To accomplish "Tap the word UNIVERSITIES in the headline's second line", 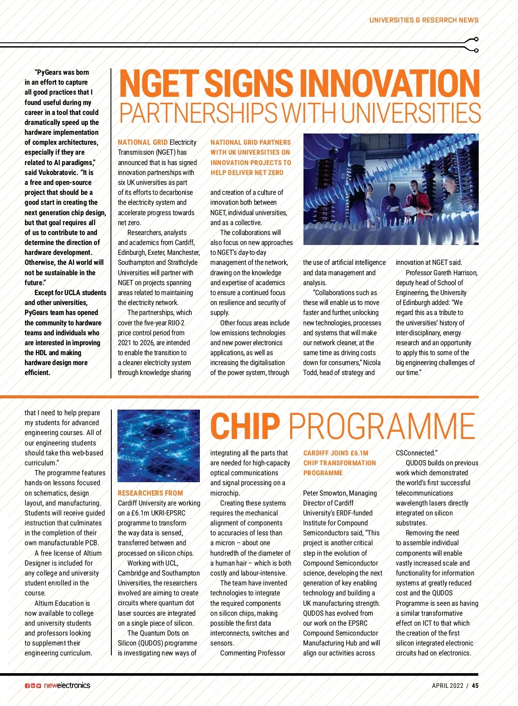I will click(x=412, y=113).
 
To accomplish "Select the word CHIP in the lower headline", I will click(x=245, y=426).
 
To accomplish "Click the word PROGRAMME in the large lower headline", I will click(x=382, y=426).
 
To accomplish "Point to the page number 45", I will click(x=475, y=686).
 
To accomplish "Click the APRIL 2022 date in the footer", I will click(x=447, y=686).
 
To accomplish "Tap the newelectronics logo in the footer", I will click(x=67, y=685).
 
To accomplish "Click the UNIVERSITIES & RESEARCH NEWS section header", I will click(x=423, y=20).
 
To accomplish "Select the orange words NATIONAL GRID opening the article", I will click(x=142, y=142).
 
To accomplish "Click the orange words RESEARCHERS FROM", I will click(x=150, y=493).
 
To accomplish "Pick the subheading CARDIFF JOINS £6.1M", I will click(x=335, y=453).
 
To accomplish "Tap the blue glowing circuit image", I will click(x=158, y=445).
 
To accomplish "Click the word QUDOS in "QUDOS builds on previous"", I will click(x=416, y=463).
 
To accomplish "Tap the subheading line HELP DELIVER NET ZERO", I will click(x=247, y=172).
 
